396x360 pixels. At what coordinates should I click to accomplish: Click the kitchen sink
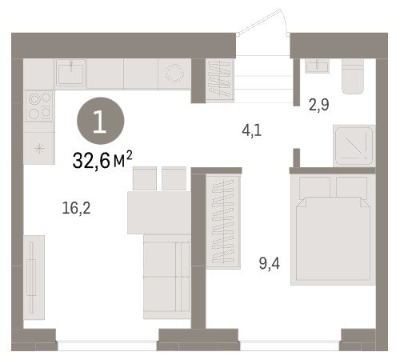pyautogui.click(x=71, y=74)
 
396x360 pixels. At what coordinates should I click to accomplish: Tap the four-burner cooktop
pyautogui.click(x=39, y=106)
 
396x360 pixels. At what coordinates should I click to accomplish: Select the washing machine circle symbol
pyautogui.click(x=174, y=73)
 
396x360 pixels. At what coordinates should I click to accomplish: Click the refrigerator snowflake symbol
pyautogui.click(x=39, y=148)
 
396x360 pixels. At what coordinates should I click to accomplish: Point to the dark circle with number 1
pyautogui.click(x=101, y=121)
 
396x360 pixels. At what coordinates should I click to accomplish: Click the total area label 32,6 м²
pyautogui.click(x=102, y=160)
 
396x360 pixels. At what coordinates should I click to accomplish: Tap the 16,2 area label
pyautogui.click(x=76, y=208)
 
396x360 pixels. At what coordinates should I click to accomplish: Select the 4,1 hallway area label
pyautogui.click(x=252, y=130)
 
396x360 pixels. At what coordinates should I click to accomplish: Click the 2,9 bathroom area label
pyautogui.click(x=319, y=105)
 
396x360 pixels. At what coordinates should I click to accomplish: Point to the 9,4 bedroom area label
pyautogui.click(x=270, y=263)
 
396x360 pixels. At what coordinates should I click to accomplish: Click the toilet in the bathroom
pyautogui.click(x=353, y=76)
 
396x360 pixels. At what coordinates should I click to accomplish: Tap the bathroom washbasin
pyautogui.click(x=317, y=66)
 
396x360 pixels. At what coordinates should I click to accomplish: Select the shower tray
pyautogui.click(x=354, y=146)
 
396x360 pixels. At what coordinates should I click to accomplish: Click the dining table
pyautogui.click(x=159, y=213)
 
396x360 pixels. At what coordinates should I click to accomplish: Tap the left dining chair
pyautogui.click(x=145, y=178)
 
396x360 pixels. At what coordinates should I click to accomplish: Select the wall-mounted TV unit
pyautogui.click(x=34, y=278)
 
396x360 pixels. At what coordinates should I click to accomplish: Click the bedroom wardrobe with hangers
pyautogui.click(x=223, y=222)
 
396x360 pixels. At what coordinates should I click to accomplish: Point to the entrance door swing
pyautogui.click(x=262, y=22)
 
